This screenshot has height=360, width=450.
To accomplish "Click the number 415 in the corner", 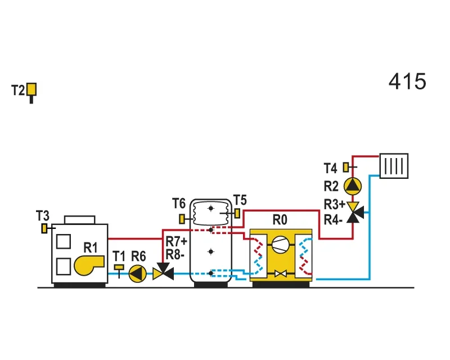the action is click(x=407, y=81).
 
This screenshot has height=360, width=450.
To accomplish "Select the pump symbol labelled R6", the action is click(x=137, y=274).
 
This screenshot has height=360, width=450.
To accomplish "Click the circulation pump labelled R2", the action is click(x=353, y=186).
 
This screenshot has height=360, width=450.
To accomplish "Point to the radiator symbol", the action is click(x=394, y=166).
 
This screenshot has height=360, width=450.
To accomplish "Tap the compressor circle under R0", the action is click(x=280, y=245).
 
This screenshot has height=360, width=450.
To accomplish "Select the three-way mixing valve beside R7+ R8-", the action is click(x=163, y=272).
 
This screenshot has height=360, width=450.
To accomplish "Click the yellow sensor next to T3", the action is click(x=44, y=228).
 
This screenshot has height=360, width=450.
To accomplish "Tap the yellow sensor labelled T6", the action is click(x=182, y=219).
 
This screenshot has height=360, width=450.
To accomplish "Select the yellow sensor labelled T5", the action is click(x=237, y=213).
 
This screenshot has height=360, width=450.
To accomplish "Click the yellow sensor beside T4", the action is click(x=346, y=167).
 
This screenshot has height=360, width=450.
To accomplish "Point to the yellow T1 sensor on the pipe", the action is click(x=119, y=268).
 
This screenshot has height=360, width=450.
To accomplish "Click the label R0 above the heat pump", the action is click(x=280, y=220).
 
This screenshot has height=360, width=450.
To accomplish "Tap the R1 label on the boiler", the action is click(x=91, y=247).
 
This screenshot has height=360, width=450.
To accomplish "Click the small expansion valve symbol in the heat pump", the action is click(x=280, y=273).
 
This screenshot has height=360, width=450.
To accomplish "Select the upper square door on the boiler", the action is click(x=64, y=241).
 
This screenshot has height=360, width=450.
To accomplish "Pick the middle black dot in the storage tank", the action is click(x=211, y=252).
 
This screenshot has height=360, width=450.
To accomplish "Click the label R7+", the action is click(x=177, y=241).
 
